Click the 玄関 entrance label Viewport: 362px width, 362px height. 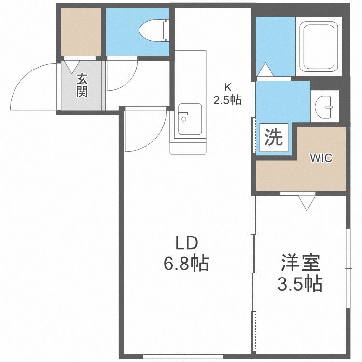[82, 85]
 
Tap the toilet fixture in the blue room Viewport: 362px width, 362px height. [153, 30]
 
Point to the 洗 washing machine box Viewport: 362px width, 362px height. [273, 139]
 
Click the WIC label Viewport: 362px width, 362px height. [321, 158]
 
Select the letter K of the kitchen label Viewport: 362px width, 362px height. [227, 88]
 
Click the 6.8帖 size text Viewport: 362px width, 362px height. [186, 263]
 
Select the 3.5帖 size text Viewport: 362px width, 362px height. [300, 284]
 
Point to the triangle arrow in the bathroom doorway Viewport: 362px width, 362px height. [265, 70]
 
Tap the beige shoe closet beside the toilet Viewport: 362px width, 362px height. [82, 31]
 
